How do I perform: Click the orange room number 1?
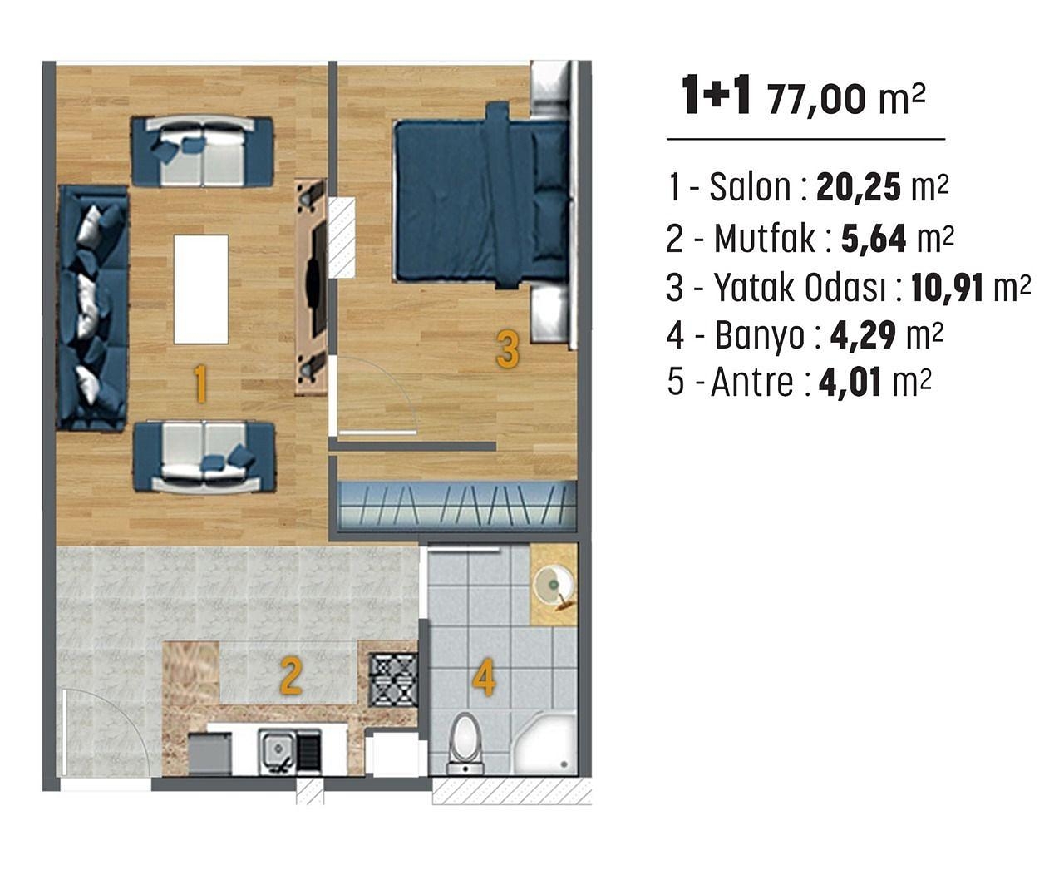(x=199, y=385)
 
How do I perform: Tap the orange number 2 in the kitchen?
(x=289, y=676)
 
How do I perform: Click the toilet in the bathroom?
(x=464, y=743)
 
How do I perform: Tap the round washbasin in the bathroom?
(x=550, y=583)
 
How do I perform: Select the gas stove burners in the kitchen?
(x=392, y=679)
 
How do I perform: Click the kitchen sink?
(x=278, y=751)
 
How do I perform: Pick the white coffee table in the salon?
(x=201, y=289)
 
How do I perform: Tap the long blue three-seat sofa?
(x=92, y=308)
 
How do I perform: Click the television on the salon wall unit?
(x=315, y=274)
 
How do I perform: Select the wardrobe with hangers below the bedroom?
(x=457, y=504)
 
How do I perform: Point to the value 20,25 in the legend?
(x=859, y=189)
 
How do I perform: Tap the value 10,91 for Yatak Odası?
(x=947, y=288)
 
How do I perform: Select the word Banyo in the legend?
(x=760, y=336)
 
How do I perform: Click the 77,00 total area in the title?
(x=817, y=100)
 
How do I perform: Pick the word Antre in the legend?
(x=752, y=383)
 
